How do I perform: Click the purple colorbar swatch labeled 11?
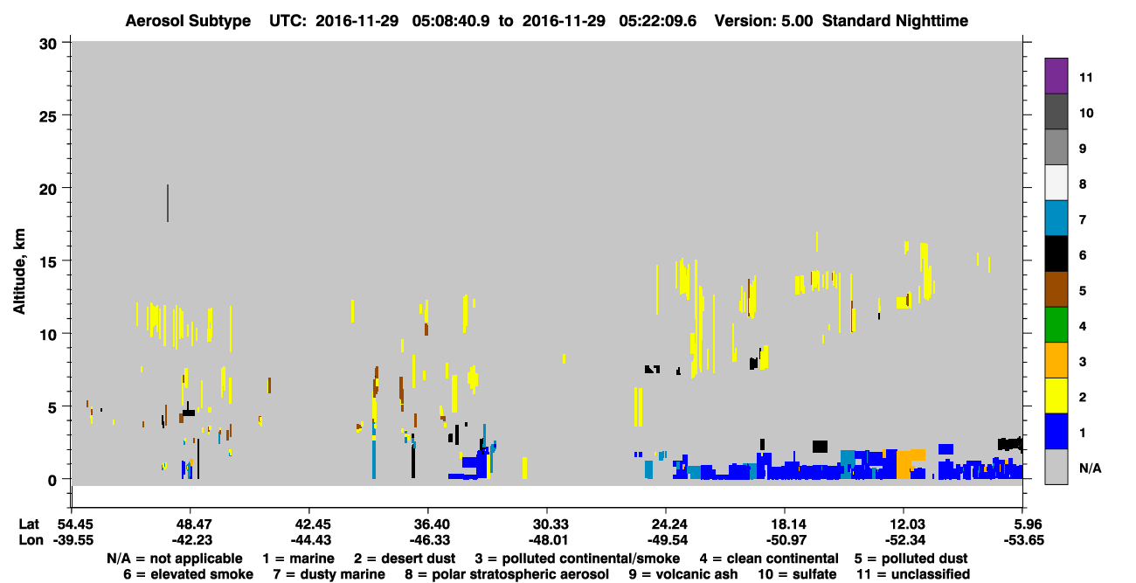click(1056, 75)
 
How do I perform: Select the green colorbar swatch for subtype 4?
click(1056, 325)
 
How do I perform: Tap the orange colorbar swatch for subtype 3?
click(1056, 360)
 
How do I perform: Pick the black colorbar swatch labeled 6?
click(1056, 253)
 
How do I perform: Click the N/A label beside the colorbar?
click(1090, 468)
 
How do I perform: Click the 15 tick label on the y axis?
click(48, 262)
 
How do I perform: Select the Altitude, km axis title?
click(18, 272)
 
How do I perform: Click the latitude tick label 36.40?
click(428, 524)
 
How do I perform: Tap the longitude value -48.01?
click(547, 540)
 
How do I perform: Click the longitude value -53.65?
click(1023, 540)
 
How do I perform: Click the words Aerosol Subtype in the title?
click(188, 21)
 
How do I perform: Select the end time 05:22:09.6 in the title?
click(657, 21)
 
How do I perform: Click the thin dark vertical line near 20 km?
click(168, 203)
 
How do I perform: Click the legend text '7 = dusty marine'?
click(329, 574)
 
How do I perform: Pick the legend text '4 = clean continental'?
click(769, 559)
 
